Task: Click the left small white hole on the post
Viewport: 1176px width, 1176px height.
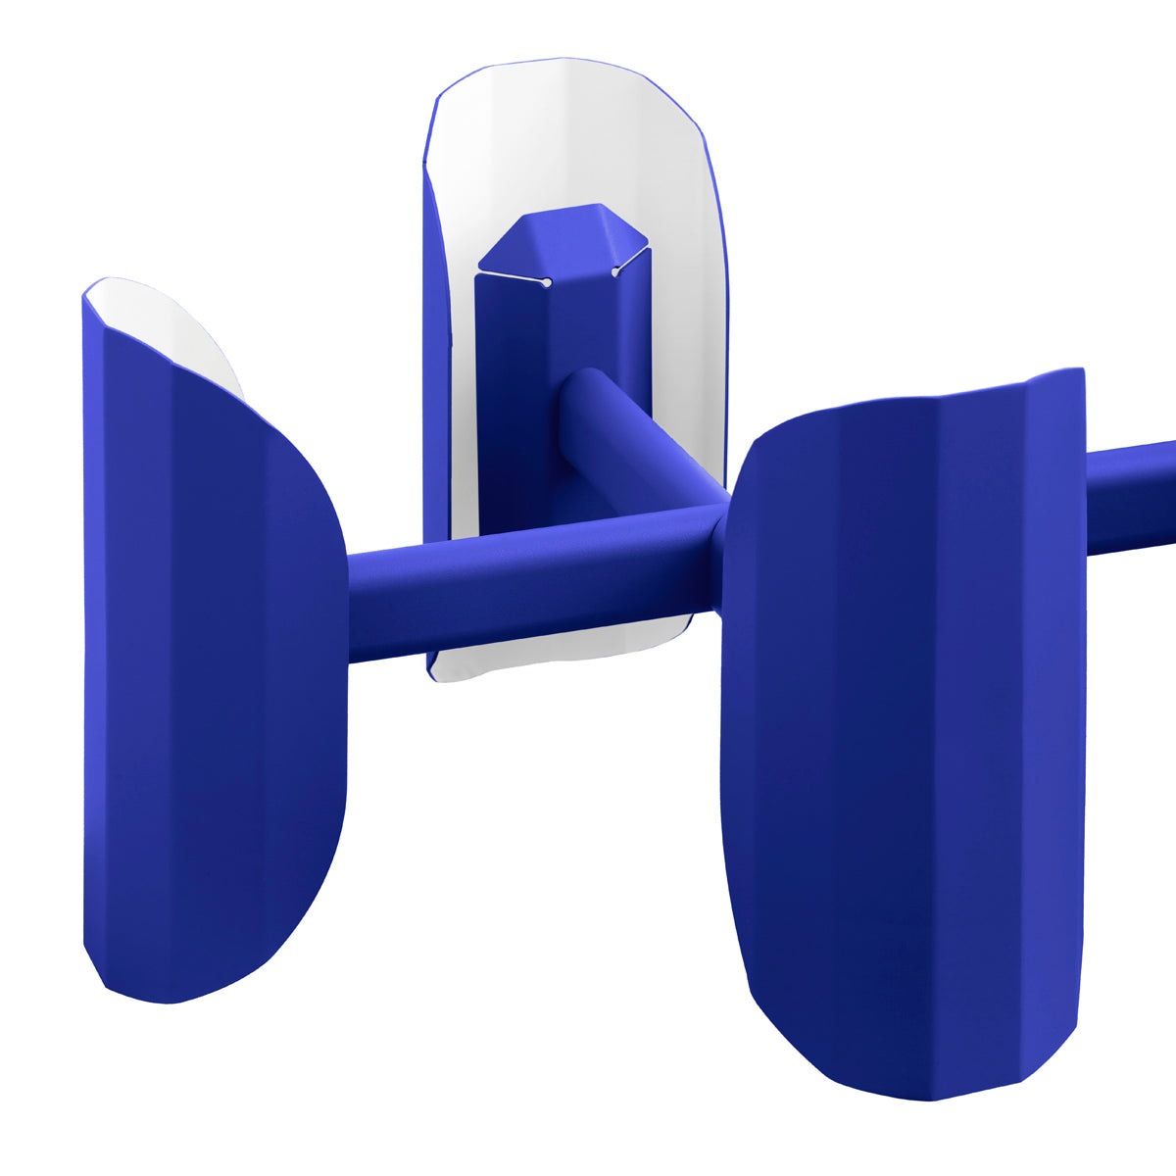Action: [x=546, y=283]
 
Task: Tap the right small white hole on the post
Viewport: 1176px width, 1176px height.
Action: [x=615, y=272]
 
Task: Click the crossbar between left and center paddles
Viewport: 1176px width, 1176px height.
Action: [x=510, y=588]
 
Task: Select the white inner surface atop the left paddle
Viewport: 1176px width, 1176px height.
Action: [x=167, y=323]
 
